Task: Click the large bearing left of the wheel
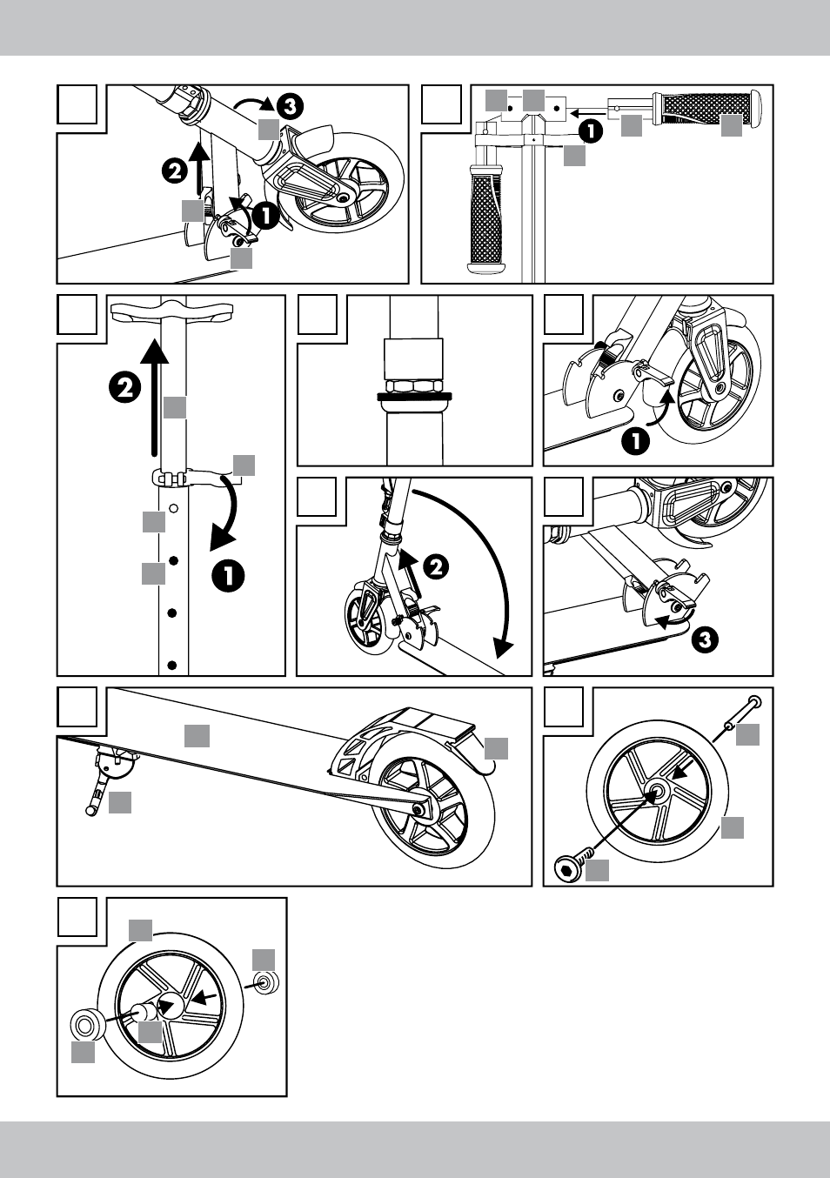click(x=87, y=1024)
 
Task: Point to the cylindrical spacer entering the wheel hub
click(x=142, y=1012)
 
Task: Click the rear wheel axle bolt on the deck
click(x=418, y=810)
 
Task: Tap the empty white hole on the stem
click(x=174, y=508)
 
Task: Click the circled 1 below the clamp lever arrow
click(x=228, y=578)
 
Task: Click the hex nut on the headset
click(x=414, y=386)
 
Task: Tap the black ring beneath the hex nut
click(x=414, y=396)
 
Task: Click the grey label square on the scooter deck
click(x=197, y=736)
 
